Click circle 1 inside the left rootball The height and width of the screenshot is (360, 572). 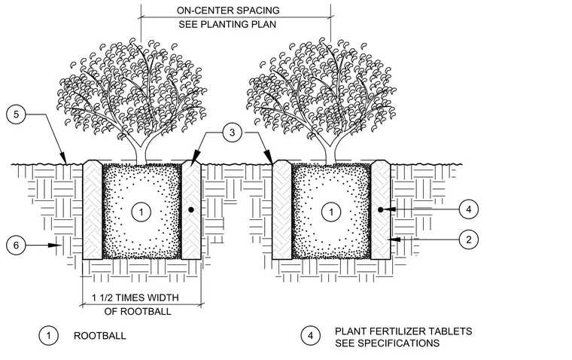point(141,212)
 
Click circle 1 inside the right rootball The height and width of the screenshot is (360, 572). point(331,212)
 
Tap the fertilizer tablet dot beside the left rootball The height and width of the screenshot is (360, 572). point(190,210)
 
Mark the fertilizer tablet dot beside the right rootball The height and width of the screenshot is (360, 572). point(381,209)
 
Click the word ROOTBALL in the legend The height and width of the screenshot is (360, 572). point(100,336)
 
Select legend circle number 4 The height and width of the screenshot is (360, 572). point(310,336)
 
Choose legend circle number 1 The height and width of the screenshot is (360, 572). point(48,335)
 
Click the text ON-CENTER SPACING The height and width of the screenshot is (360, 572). point(228,11)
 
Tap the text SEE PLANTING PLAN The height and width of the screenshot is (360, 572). point(227,24)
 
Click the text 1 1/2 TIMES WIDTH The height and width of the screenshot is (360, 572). point(135,297)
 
